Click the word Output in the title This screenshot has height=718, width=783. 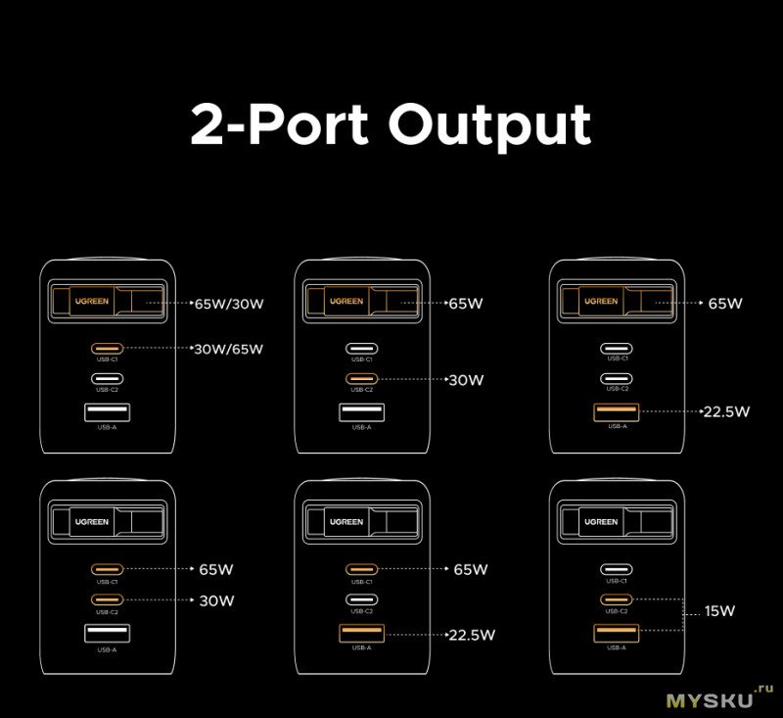click(488, 125)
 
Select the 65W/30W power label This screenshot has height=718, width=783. click(229, 304)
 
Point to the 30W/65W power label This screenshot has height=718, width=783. click(229, 349)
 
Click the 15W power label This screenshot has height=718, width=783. click(719, 611)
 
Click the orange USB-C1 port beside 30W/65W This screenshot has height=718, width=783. click(107, 348)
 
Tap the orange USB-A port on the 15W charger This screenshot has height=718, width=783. click(617, 633)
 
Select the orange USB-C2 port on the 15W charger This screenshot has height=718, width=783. click(617, 599)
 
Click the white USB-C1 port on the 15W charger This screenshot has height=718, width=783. click(617, 568)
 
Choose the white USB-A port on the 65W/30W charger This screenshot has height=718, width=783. click(107, 412)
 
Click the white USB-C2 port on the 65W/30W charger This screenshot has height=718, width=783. click(107, 379)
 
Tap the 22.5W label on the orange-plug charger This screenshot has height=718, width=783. click(726, 411)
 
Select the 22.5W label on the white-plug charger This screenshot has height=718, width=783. click(472, 635)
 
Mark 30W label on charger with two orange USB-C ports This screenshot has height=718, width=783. click(216, 600)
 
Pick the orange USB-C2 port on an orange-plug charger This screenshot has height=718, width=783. click(361, 379)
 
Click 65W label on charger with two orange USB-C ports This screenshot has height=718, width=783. click(216, 568)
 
